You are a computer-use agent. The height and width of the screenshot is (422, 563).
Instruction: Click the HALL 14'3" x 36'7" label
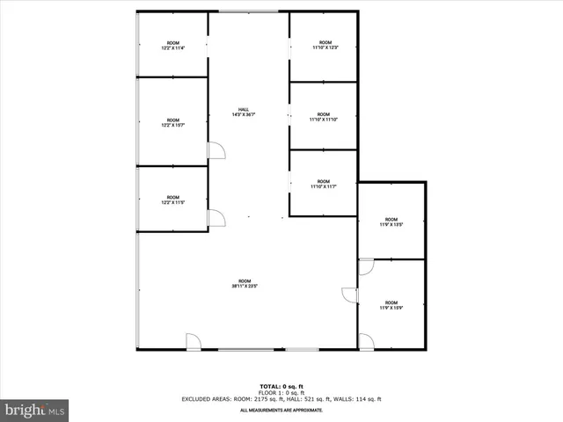(248, 112)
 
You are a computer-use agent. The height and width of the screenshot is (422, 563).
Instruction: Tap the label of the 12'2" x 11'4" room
(172, 46)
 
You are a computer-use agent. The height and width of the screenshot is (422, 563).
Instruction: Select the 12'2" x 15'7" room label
(172, 122)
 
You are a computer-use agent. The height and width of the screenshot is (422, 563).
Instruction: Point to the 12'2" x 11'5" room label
(172, 200)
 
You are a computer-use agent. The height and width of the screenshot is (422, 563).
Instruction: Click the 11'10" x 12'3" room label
(324, 46)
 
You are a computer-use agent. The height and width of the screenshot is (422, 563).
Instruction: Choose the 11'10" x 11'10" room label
(324, 117)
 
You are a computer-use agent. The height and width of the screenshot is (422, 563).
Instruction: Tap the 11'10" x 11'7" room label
(324, 185)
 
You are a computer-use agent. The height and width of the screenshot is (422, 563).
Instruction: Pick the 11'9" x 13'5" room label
(391, 222)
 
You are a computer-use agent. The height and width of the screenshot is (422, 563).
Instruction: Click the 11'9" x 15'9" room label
(391, 304)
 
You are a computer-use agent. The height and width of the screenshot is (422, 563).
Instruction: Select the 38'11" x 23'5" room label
(245, 283)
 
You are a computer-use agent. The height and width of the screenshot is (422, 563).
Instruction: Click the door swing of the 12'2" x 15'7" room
(216, 150)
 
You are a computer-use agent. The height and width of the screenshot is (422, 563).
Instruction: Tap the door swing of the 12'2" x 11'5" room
(216, 218)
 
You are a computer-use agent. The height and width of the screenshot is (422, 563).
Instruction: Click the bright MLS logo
(35, 409)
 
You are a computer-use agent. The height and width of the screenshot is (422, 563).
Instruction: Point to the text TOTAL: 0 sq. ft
(281, 387)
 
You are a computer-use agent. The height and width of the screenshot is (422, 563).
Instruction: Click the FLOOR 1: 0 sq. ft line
(281, 393)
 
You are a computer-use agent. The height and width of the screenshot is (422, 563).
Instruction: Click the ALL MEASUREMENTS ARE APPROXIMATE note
(281, 410)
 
